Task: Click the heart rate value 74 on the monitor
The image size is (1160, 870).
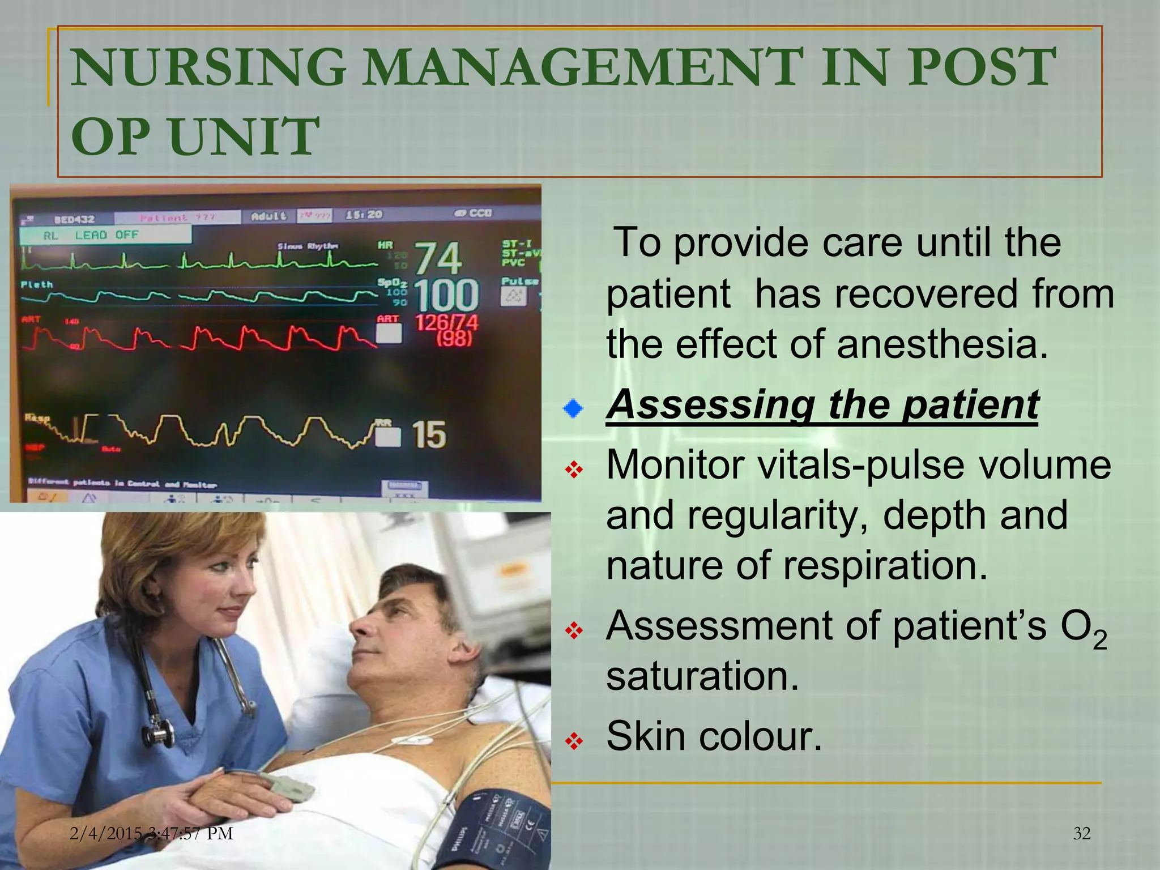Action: click(438, 258)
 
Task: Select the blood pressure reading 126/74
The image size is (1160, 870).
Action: click(446, 323)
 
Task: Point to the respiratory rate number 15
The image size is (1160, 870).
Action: click(428, 435)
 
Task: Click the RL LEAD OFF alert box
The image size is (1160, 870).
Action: click(105, 235)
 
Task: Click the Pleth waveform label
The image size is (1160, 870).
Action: click(37, 284)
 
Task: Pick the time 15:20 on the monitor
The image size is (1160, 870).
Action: click(364, 215)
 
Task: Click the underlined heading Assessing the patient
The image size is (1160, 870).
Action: click(822, 404)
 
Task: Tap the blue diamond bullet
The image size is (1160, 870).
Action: click(573, 408)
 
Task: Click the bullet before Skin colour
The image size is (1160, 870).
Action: click(574, 741)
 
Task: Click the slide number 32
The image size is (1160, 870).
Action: click(1081, 833)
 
